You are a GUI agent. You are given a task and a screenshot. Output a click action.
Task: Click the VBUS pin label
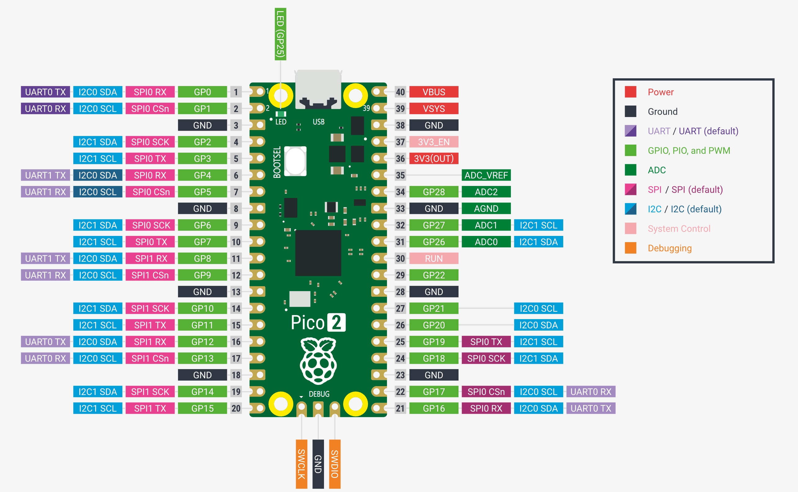coord(434,92)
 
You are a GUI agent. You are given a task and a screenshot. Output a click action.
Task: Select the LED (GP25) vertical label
coord(280,34)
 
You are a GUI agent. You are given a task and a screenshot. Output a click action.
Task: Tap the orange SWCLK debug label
coord(302,464)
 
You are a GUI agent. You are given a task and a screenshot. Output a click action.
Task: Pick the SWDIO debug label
coord(335,464)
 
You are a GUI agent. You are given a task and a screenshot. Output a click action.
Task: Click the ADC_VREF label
coord(486,175)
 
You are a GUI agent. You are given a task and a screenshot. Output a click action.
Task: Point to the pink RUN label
coord(434,259)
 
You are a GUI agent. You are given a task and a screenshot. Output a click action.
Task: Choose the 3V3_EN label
coord(434,142)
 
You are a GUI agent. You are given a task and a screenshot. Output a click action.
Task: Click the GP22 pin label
coord(434,275)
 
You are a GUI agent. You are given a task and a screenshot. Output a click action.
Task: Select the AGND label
coord(486,209)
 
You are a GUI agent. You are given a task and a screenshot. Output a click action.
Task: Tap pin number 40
coord(400,92)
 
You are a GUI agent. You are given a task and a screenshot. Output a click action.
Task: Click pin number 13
coord(236,292)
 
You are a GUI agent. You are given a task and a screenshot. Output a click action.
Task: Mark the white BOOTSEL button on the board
coord(295,161)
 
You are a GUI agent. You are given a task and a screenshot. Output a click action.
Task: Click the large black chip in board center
coord(318,253)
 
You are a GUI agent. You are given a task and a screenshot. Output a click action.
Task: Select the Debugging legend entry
coord(670,248)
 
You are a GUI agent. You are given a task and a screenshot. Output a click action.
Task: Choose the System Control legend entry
coord(679,229)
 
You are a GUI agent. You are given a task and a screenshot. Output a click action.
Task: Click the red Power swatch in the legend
coord(630,92)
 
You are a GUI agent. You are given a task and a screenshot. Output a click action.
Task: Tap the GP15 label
coord(202,408)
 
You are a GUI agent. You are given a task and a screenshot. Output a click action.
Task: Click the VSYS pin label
coord(434,109)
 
